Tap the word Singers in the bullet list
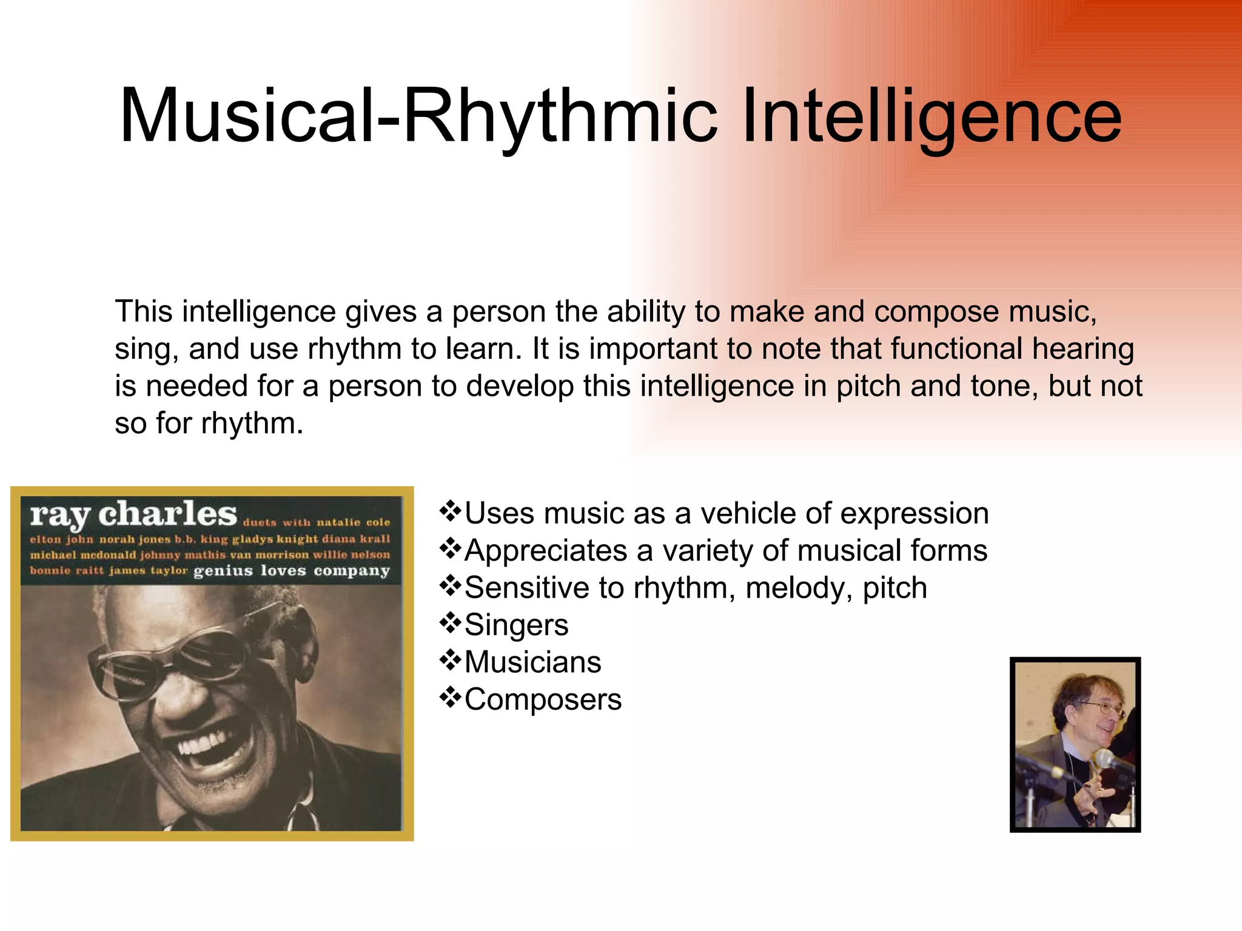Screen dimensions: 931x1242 (516, 625)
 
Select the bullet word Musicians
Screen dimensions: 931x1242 (532, 662)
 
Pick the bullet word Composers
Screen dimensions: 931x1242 (543, 699)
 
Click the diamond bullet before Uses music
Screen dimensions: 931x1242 (450, 512)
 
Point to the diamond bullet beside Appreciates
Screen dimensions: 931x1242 (450, 549)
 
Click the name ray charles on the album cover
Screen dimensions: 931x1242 (133, 514)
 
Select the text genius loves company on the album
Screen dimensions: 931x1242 (291, 571)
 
